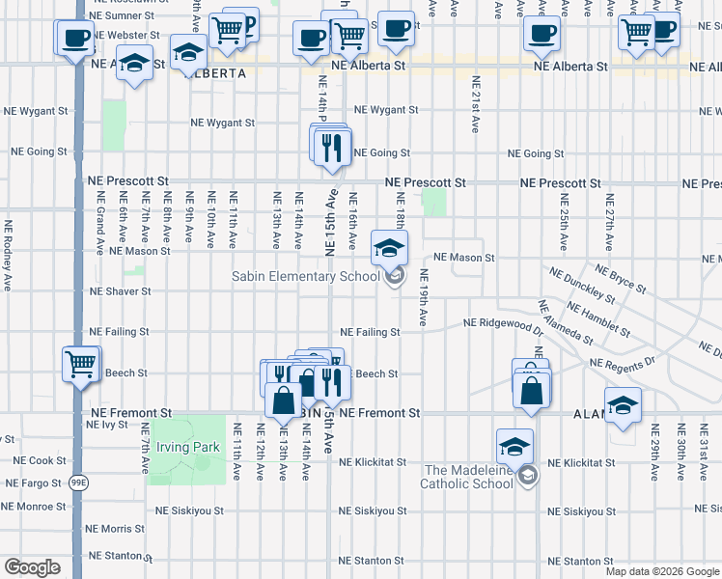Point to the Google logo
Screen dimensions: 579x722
(x=32, y=567)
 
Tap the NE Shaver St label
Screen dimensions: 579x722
(x=121, y=290)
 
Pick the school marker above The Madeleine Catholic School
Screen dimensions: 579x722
(x=514, y=447)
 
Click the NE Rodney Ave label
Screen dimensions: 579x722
(x=9, y=249)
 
